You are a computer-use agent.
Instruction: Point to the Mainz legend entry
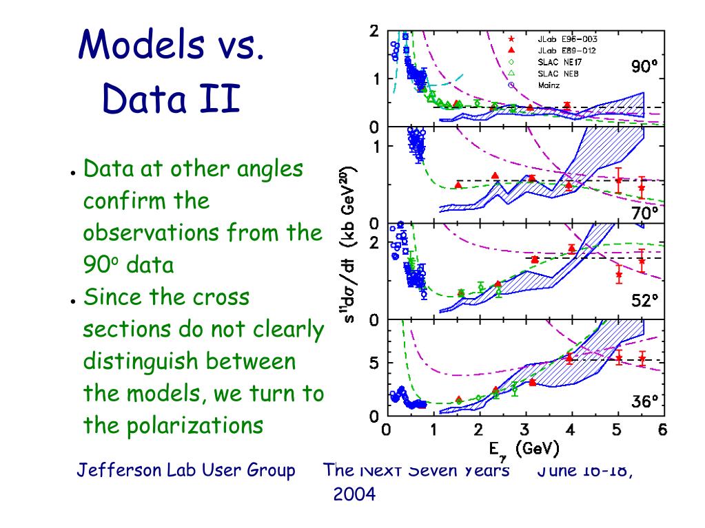pyautogui.click(x=549, y=85)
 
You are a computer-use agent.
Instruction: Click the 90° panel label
pyautogui.click(x=644, y=67)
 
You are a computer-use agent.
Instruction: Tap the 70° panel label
pyautogui.click(x=645, y=213)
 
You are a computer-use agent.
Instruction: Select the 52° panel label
pyautogui.click(x=645, y=301)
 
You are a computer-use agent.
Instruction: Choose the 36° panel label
pyautogui.click(x=645, y=401)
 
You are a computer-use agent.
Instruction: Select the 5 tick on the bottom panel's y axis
pyautogui.click(x=374, y=363)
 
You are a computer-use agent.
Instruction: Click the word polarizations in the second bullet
pyautogui.click(x=195, y=425)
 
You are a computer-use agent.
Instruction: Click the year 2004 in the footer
pyautogui.click(x=354, y=494)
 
